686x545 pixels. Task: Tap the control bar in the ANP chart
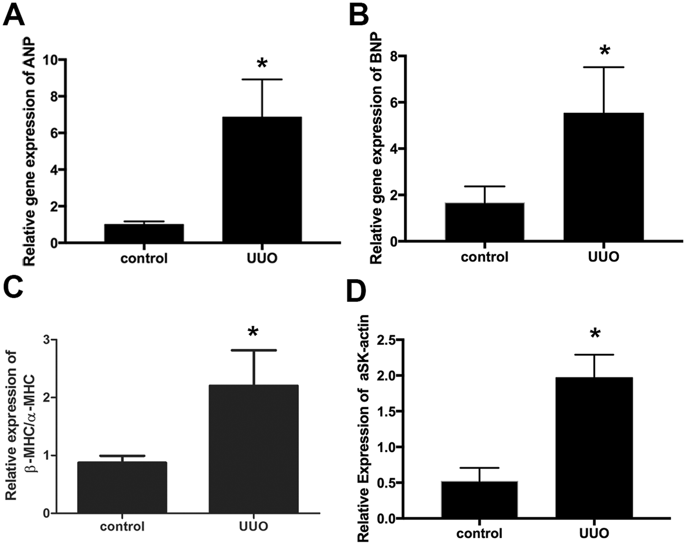pos(144,233)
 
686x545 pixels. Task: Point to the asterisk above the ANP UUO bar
pos(262,64)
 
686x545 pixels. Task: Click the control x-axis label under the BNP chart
pos(484,257)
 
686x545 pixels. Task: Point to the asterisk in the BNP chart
pos(605,51)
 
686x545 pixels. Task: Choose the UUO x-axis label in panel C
pos(254,526)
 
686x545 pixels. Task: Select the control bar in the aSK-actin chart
pos(479,499)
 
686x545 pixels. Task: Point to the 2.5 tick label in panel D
pos(386,340)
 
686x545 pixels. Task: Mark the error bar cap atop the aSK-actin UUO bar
pos(594,355)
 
